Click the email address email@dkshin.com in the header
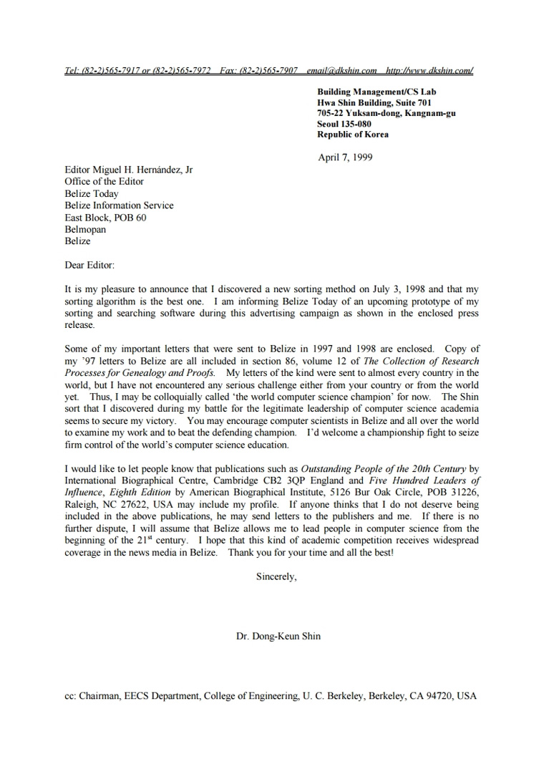click(341, 70)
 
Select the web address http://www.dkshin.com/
click(429, 70)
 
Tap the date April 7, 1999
click(345, 158)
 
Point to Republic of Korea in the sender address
click(353, 135)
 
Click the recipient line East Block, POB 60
click(105, 218)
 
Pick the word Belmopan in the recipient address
click(85, 230)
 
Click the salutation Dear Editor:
click(89, 265)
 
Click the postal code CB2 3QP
click(295, 480)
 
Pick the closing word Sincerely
click(276, 577)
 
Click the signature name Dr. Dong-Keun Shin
click(278, 636)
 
